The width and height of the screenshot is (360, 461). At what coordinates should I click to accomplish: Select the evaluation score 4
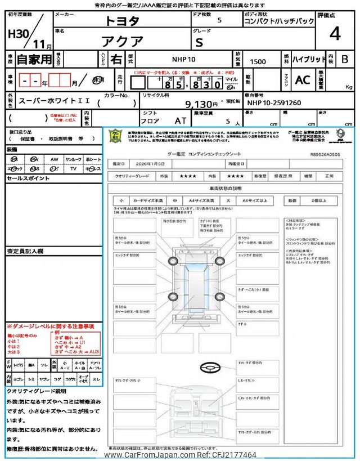[335, 34]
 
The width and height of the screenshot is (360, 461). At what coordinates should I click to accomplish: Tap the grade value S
[214, 42]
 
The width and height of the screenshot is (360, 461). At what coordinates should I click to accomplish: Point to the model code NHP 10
[183, 59]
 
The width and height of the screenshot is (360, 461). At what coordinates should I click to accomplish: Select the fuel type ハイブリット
[309, 59]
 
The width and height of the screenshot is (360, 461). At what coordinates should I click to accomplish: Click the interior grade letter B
[345, 59]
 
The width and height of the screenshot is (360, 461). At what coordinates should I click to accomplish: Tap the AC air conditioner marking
[302, 80]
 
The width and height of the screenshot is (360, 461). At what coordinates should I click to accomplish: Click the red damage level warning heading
[50, 326]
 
